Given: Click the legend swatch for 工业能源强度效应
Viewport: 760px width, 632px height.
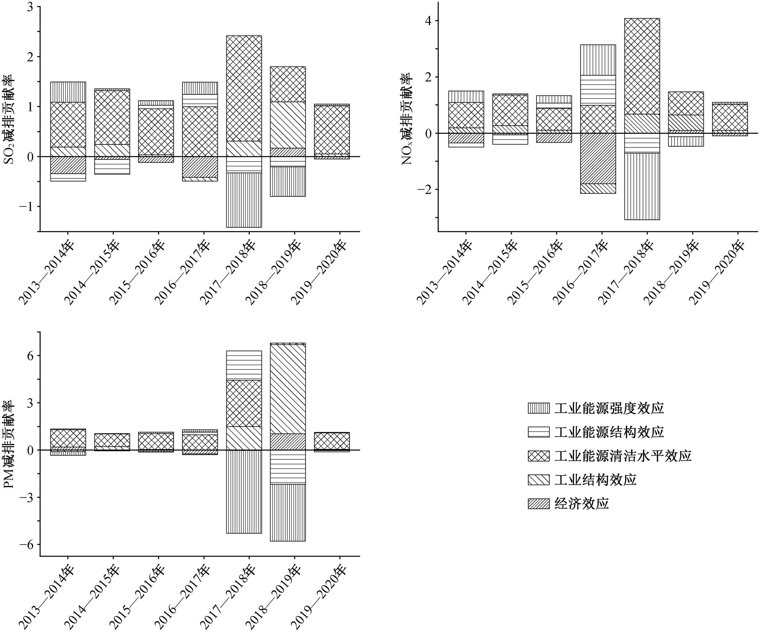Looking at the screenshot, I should click(x=538, y=408).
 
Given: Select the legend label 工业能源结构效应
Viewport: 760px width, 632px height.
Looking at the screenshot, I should click(x=609, y=432).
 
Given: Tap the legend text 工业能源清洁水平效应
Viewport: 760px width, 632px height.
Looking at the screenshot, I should click(x=623, y=456).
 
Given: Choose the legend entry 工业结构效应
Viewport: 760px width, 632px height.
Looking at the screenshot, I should click(x=595, y=480).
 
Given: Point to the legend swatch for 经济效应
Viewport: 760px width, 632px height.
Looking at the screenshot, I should click(x=538, y=504).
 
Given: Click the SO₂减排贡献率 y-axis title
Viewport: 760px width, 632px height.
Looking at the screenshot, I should click(x=10, y=119).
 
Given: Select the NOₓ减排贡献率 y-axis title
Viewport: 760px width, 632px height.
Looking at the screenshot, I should click(x=407, y=119).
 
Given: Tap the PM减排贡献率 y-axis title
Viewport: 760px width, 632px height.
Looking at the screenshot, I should click(x=10, y=444).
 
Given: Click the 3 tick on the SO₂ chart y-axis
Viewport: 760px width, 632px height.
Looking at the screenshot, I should click(x=30, y=7).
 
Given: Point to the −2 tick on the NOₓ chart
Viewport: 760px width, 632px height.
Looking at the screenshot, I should click(x=426, y=189).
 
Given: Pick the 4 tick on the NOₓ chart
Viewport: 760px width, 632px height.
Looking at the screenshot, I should click(x=428, y=21).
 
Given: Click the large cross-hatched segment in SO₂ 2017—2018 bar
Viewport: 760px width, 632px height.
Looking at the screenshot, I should click(x=244, y=88).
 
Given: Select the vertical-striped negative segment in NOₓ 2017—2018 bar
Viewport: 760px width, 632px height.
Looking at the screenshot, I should click(x=642, y=186).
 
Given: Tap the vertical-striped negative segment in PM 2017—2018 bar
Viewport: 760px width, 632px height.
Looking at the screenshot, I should click(x=244, y=492).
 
